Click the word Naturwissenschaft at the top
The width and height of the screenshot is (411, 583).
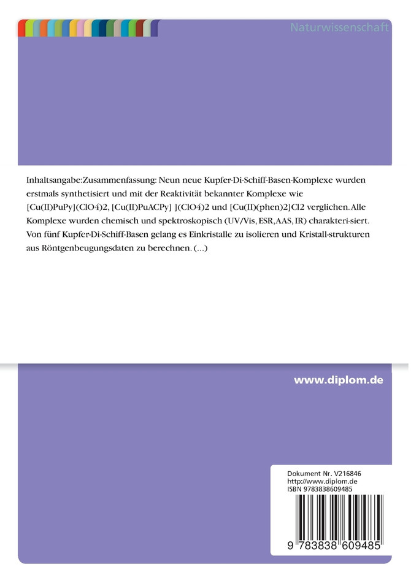click(x=339, y=28)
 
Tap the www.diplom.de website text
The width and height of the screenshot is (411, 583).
click(x=338, y=380)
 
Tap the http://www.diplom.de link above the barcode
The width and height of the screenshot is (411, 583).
click(x=322, y=482)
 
